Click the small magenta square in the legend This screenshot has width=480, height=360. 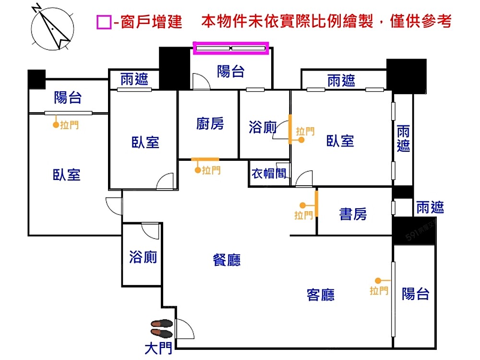(x=104, y=22)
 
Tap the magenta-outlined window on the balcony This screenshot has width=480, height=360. (x=231, y=48)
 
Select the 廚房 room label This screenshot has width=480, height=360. (x=210, y=124)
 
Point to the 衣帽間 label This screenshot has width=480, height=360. (x=269, y=173)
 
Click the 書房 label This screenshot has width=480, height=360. (x=353, y=214)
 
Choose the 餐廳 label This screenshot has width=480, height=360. (x=227, y=260)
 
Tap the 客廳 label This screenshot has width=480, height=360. (x=320, y=294)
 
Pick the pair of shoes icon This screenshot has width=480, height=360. (x=162, y=328)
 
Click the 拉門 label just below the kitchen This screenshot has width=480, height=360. (x=212, y=170)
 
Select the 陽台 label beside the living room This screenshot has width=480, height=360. (x=415, y=293)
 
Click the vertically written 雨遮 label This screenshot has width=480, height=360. (x=403, y=139)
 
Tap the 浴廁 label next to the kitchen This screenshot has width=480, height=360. (x=263, y=127)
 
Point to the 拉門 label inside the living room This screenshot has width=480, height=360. (x=379, y=290)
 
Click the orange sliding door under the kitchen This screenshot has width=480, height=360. (x=205, y=159)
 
